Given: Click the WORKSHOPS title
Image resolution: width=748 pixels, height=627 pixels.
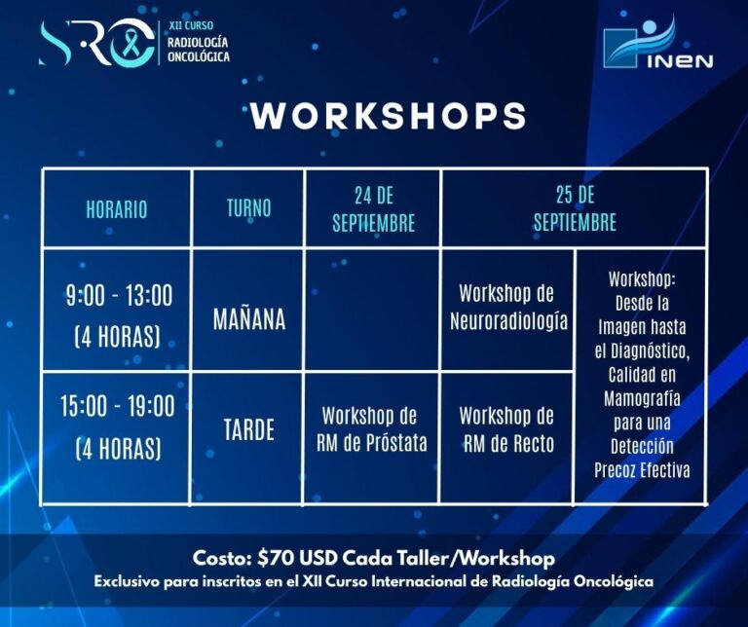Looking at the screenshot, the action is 389,115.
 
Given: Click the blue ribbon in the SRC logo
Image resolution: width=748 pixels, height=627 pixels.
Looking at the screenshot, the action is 131,43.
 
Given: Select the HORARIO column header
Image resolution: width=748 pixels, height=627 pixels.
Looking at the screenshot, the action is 117,209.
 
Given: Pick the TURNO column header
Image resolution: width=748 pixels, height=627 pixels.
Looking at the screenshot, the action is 248,208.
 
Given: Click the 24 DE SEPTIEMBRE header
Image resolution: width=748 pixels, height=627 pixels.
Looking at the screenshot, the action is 374,209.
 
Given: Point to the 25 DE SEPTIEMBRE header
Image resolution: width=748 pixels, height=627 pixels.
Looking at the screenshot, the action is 575,208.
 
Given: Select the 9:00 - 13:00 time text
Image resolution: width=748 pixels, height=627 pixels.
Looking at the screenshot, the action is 119,296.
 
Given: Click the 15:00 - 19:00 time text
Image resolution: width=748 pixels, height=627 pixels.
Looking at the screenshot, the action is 117,406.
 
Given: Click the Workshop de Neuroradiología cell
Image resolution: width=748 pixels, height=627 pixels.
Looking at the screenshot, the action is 508,308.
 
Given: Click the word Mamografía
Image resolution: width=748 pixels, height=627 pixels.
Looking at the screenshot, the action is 642,398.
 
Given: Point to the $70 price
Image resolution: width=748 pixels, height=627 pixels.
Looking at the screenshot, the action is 276,558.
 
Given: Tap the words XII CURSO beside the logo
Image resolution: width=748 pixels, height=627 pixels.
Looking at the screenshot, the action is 191,25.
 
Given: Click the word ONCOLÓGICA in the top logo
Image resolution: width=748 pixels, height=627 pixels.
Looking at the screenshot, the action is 199,56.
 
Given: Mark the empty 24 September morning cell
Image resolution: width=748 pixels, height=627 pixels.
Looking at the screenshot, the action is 372,309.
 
